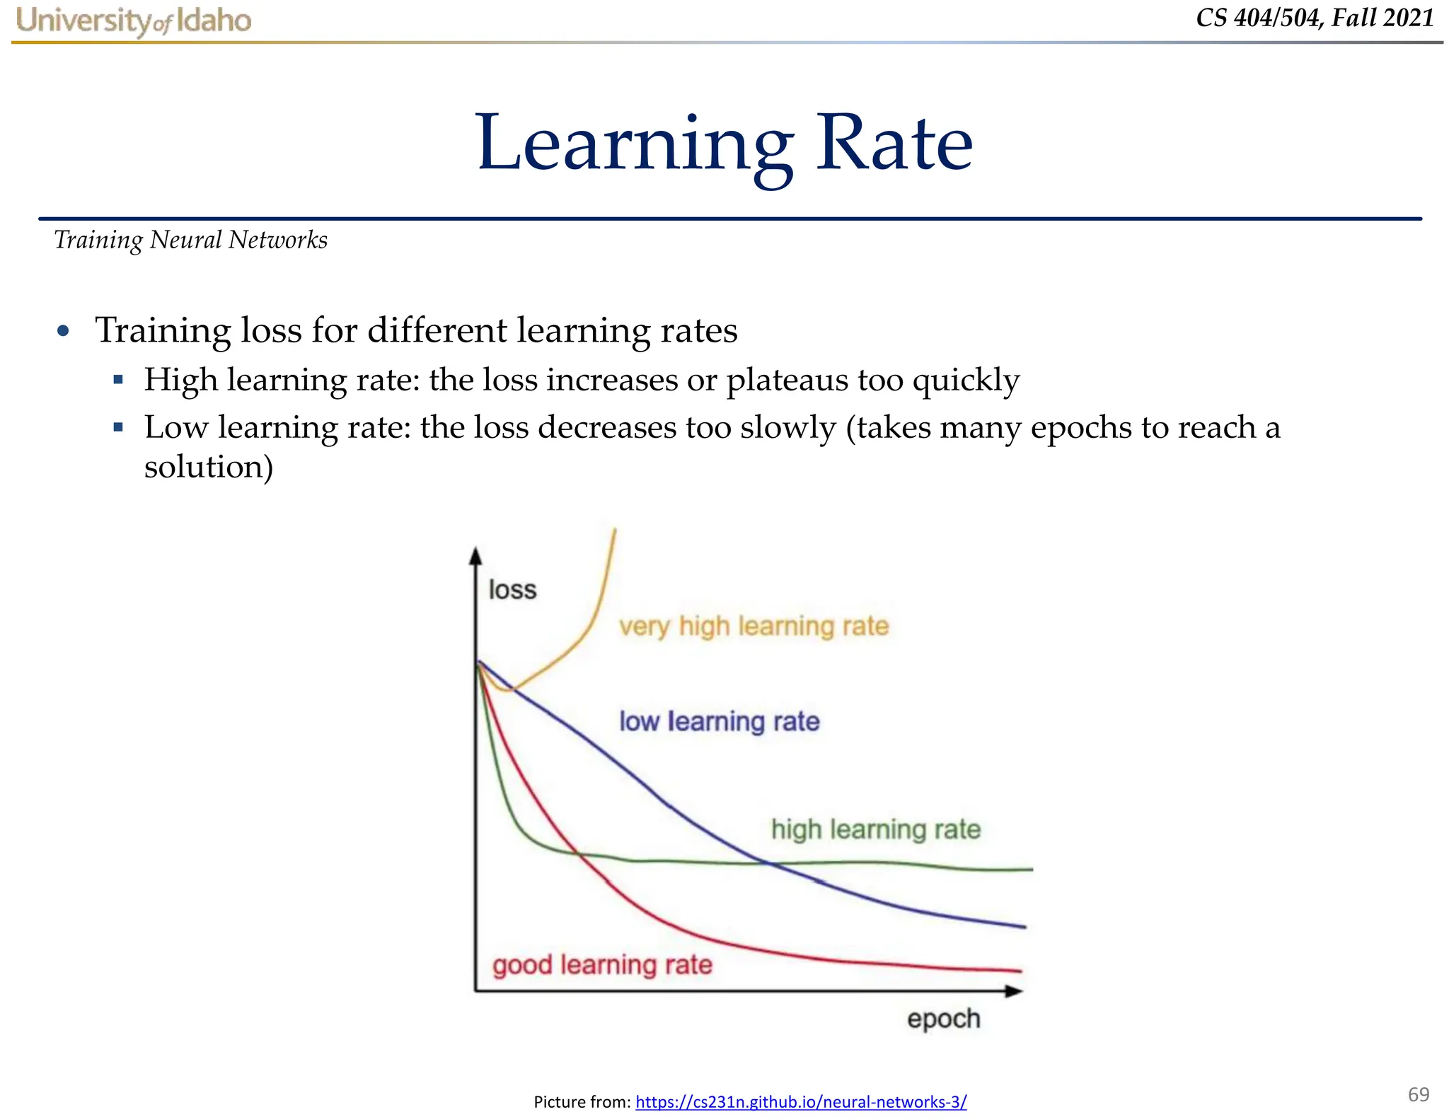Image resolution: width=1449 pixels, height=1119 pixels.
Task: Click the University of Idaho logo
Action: [x=134, y=21]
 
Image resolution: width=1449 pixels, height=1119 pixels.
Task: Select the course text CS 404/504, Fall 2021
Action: [x=1315, y=18]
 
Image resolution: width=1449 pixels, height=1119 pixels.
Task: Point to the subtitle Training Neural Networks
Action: [x=190, y=240]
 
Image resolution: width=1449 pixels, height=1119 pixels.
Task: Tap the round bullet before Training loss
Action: [x=64, y=331]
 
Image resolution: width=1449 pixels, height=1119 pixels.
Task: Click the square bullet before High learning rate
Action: [x=118, y=381]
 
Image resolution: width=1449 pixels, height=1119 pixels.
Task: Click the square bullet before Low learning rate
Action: [x=118, y=428]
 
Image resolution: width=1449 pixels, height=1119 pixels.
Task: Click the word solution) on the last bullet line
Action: [x=209, y=467]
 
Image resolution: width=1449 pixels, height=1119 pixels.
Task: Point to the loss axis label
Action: [x=512, y=589]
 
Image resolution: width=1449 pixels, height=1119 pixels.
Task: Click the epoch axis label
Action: [x=943, y=1019]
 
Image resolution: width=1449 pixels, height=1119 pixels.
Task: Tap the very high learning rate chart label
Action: [x=754, y=626]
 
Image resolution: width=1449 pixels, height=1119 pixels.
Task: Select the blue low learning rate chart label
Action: [x=719, y=721]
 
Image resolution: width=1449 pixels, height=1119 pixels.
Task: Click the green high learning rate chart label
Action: [x=876, y=829]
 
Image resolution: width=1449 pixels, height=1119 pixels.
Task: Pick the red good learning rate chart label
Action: [x=602, y=965]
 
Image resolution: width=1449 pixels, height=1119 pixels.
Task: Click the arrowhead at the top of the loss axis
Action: [x=476, y=556]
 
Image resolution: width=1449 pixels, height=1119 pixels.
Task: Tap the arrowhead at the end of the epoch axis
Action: [x=1015, y=991]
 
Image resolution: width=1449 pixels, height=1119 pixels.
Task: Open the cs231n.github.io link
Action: [x=801, y=1101]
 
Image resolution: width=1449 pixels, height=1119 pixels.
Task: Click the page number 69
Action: [x=1419, y=1094]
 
